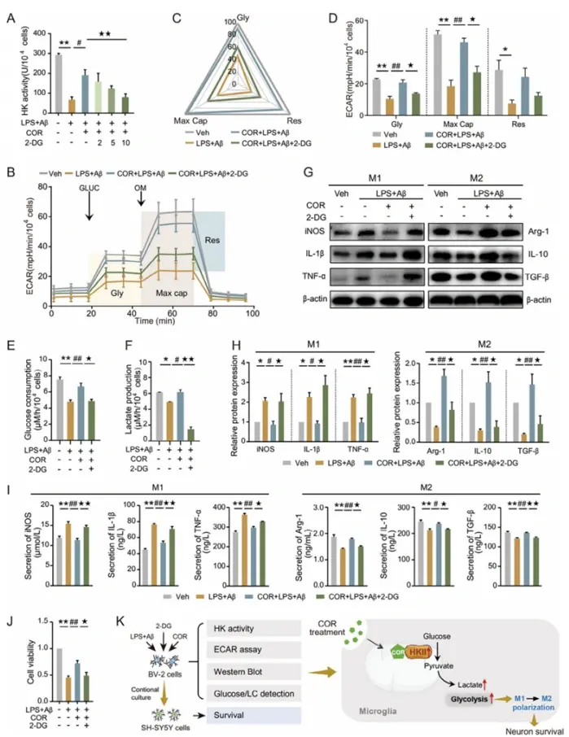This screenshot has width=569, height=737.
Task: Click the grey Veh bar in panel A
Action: coord(59,85)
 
